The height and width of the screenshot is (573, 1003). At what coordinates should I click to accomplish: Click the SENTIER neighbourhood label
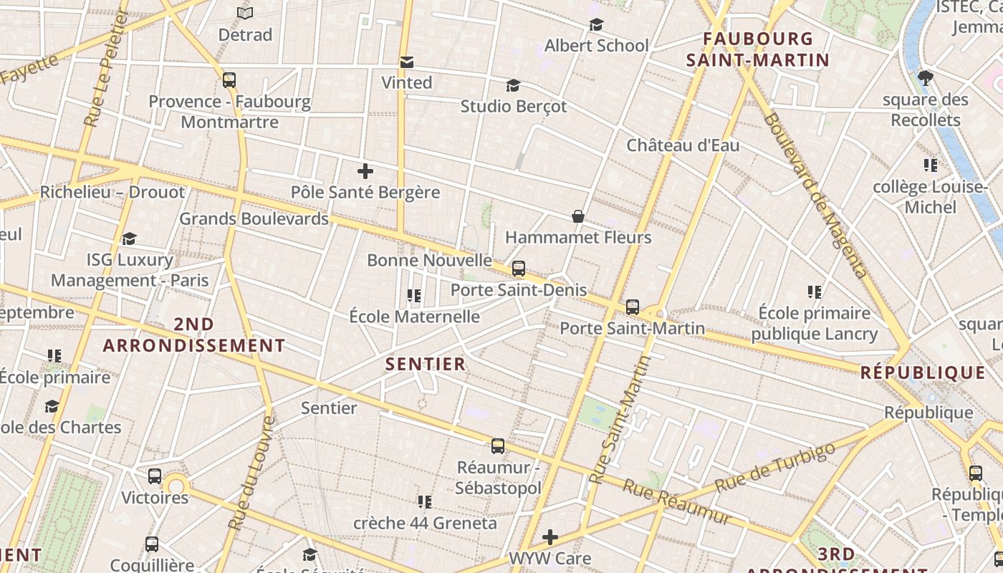point(426,364)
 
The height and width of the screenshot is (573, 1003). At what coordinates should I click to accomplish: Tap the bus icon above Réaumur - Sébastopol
point(498,446)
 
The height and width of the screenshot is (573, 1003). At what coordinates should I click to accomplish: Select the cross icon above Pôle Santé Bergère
point(365,171)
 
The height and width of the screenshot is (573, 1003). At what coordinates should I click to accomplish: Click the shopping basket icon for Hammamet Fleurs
point(578,216)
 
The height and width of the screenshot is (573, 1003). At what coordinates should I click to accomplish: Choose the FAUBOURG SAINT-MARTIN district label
point(758,49)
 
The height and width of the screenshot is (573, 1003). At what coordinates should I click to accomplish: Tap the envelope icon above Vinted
point(407,62)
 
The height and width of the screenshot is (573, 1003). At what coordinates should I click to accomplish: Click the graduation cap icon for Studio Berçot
point(513,86)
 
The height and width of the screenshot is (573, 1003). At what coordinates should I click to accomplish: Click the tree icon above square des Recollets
point(926,77)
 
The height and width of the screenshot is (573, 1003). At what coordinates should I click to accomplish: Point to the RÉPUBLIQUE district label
point(923,372)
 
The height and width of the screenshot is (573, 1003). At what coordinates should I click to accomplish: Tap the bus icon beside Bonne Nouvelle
point(519,269)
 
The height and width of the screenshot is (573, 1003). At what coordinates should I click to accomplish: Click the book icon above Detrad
point(245,13)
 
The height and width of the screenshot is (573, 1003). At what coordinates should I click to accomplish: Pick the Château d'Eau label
point(683,145)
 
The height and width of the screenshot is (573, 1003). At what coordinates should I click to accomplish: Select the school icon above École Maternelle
point(413,295)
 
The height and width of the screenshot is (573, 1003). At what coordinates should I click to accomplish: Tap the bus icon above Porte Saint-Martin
point(633,307)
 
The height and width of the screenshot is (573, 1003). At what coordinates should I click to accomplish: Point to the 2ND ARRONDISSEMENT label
point(194,334)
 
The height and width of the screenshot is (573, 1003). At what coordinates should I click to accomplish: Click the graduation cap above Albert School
point(596,25)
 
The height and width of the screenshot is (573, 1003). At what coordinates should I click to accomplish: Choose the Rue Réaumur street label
point(677,502)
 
